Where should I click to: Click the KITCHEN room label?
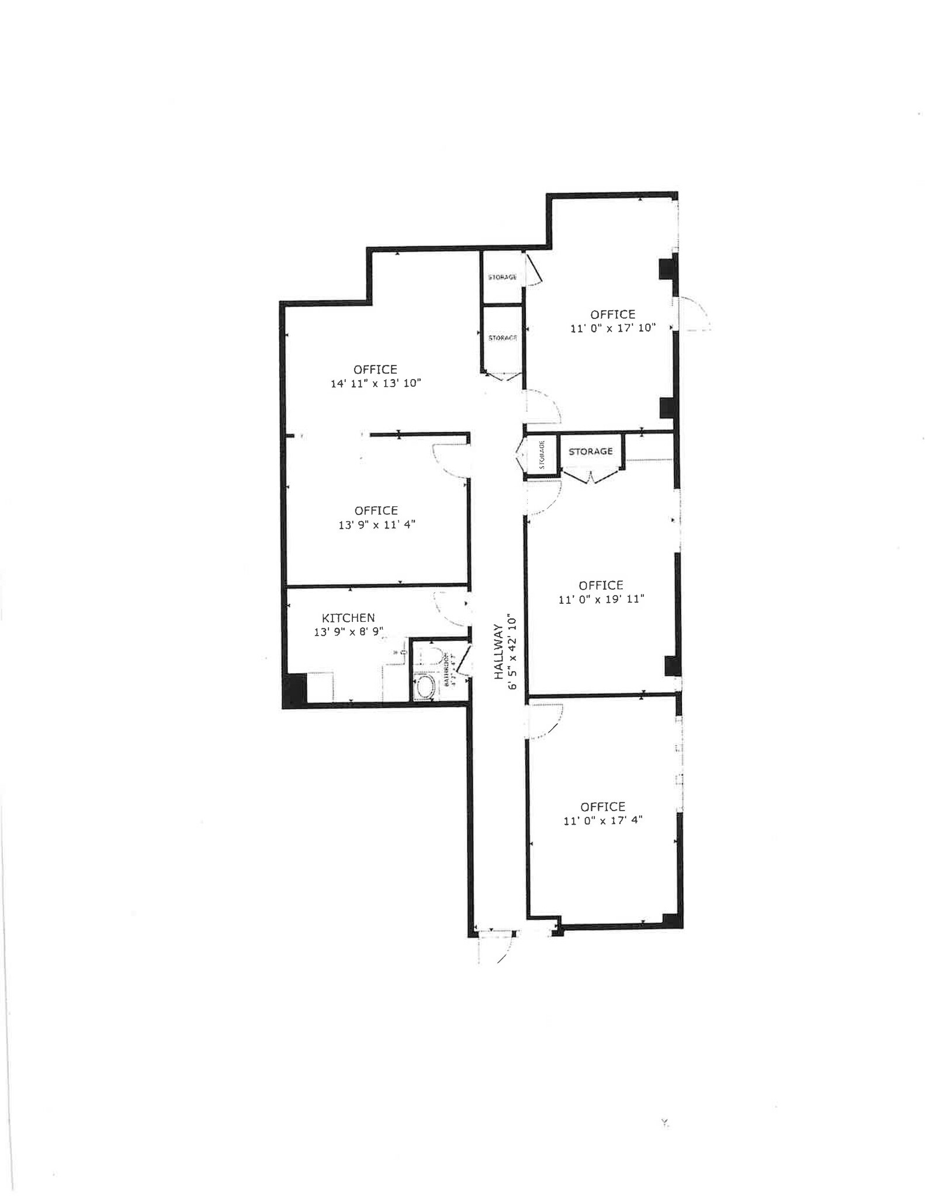pos(348,618)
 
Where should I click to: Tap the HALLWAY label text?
pos(498,652)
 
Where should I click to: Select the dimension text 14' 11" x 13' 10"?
pos(376,384)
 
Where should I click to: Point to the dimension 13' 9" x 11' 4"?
pos(377,525)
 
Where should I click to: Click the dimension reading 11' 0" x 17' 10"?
pos(613,328)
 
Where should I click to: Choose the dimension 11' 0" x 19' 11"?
pos(601,599)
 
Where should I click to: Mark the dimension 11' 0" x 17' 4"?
pos(603,820)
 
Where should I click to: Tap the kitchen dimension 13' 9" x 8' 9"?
pos(348,632)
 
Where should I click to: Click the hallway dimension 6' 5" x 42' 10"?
pos(512,652)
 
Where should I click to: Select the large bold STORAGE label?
pos(591,451)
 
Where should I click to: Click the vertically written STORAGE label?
pos(542,455)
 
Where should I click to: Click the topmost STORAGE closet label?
pos(502,277)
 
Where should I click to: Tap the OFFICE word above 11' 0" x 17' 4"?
pos(603,806)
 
